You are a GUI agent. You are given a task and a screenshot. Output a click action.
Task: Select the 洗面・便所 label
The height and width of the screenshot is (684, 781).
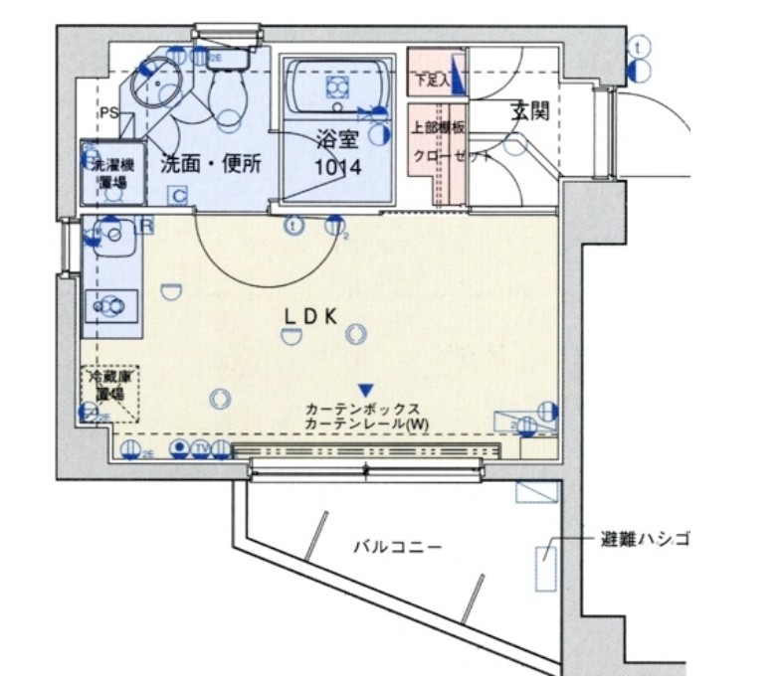pyautogui.click(x=212, y=164)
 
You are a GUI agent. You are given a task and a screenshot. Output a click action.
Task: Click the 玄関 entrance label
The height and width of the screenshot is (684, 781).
pyautogui.click(x=530, y=111)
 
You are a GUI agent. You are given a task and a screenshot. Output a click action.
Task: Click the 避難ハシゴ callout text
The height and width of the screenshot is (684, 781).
pyautogui.click(x=644, y=541)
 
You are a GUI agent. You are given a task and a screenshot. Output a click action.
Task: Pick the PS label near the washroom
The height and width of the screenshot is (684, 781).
pyautogui.click(x=108, y=112)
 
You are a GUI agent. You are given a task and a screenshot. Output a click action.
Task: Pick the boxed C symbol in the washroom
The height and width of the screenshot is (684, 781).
pyautogui.click(x=178, y=195)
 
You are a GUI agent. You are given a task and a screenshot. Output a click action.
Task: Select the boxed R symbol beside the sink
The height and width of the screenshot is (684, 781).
pyautogui.click(x=146, y=226)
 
